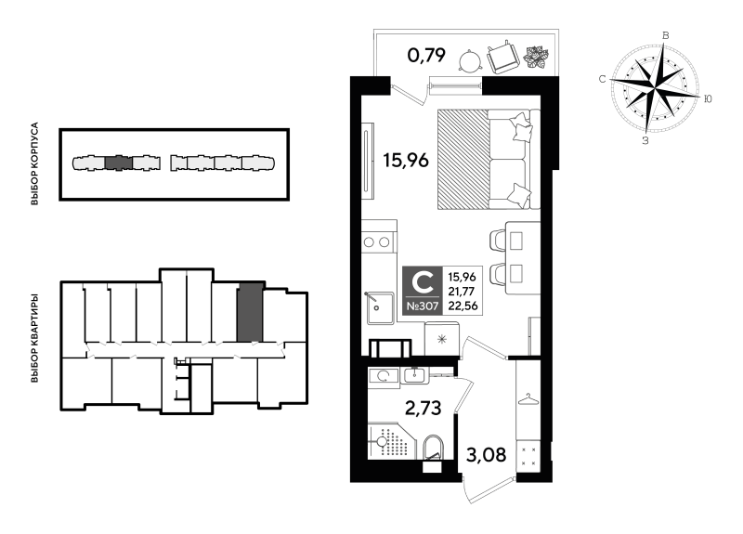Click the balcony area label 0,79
coord(426,56)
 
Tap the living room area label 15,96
coord(406,160)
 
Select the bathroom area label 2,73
coord(424,408)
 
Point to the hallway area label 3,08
coord(486,455)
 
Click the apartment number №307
coord(423,306)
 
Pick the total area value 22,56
coord(462,306)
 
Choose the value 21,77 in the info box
coord(462,292)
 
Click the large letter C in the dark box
coord(423,283)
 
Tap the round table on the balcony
coord(470,61)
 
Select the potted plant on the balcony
coord(537,57)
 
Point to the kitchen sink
coord(380,308)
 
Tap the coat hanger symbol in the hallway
coord(528,399)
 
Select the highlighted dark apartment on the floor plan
coord(249,312)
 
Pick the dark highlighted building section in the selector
coord(118,163)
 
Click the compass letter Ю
coord(708,98)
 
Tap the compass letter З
coord(645,140)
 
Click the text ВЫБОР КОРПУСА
coord(34,164)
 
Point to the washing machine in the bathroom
coord(384,377)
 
